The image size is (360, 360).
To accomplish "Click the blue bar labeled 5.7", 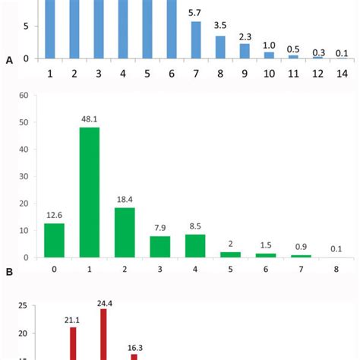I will [x=196, y=39].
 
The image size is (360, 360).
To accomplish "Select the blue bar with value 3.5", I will [x=220, y=46].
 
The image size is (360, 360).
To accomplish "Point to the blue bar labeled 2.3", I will [x=245, y=50].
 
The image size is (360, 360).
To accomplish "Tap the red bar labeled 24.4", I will [x=103, y=334].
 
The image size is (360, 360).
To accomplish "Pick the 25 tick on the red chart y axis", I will [x=23, y=306].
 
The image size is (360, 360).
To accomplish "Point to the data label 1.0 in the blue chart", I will [x=269, y=44].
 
